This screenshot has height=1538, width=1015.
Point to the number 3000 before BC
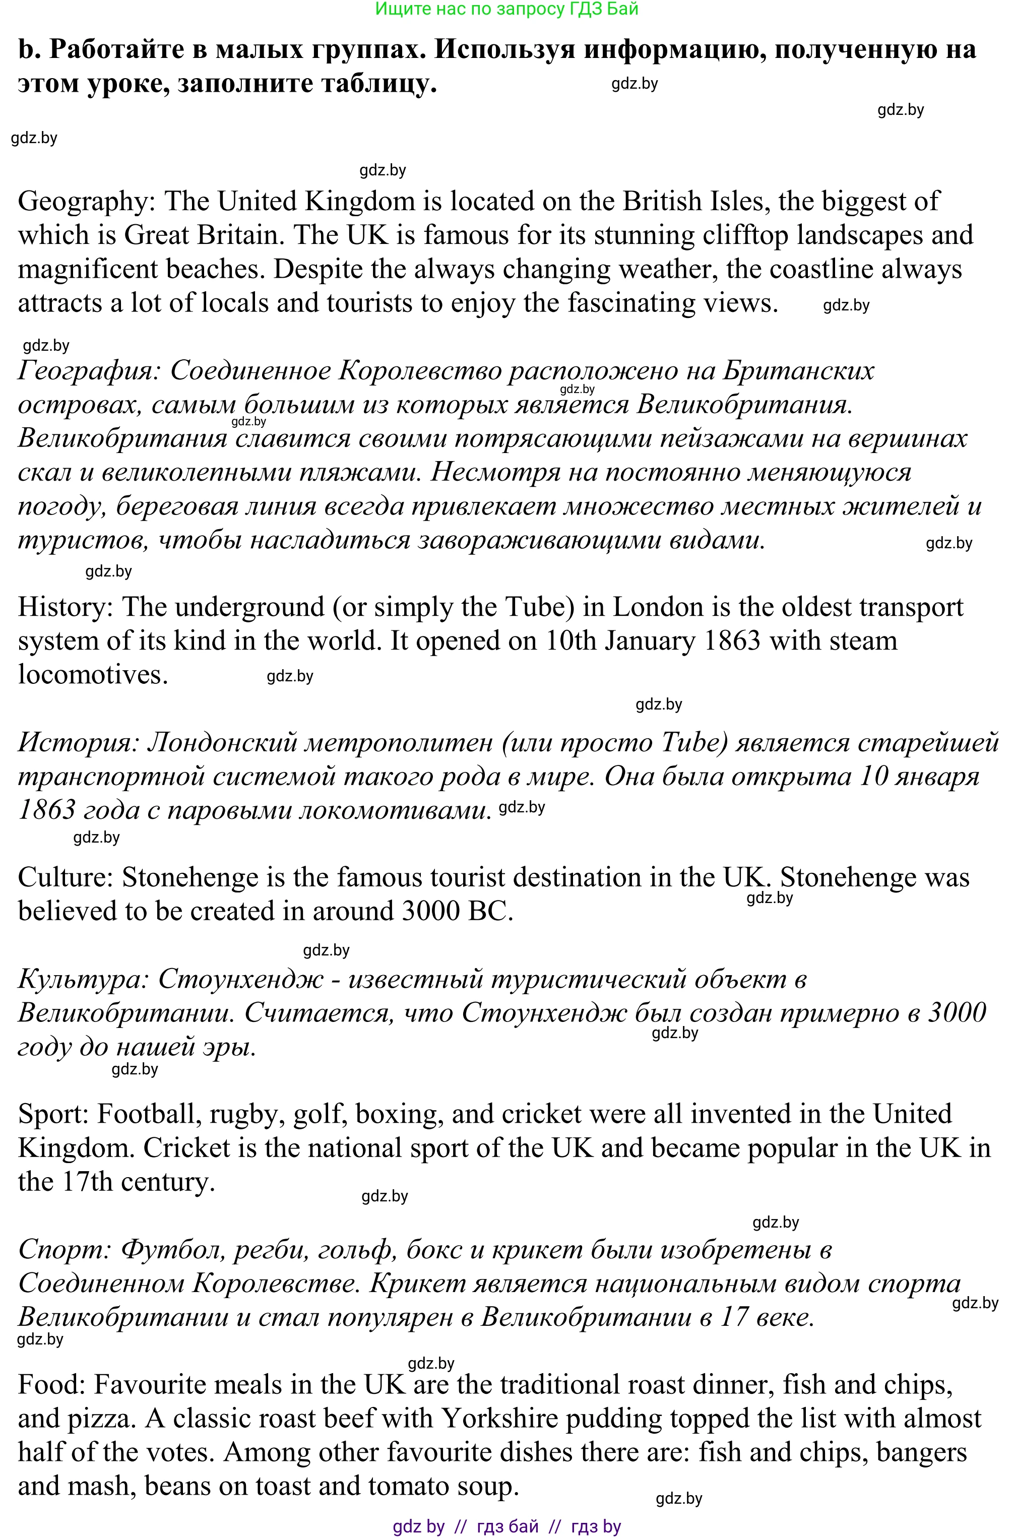[430, 912]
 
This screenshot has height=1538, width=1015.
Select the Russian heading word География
[89, 371]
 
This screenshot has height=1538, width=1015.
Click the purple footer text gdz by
[418, 1526]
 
